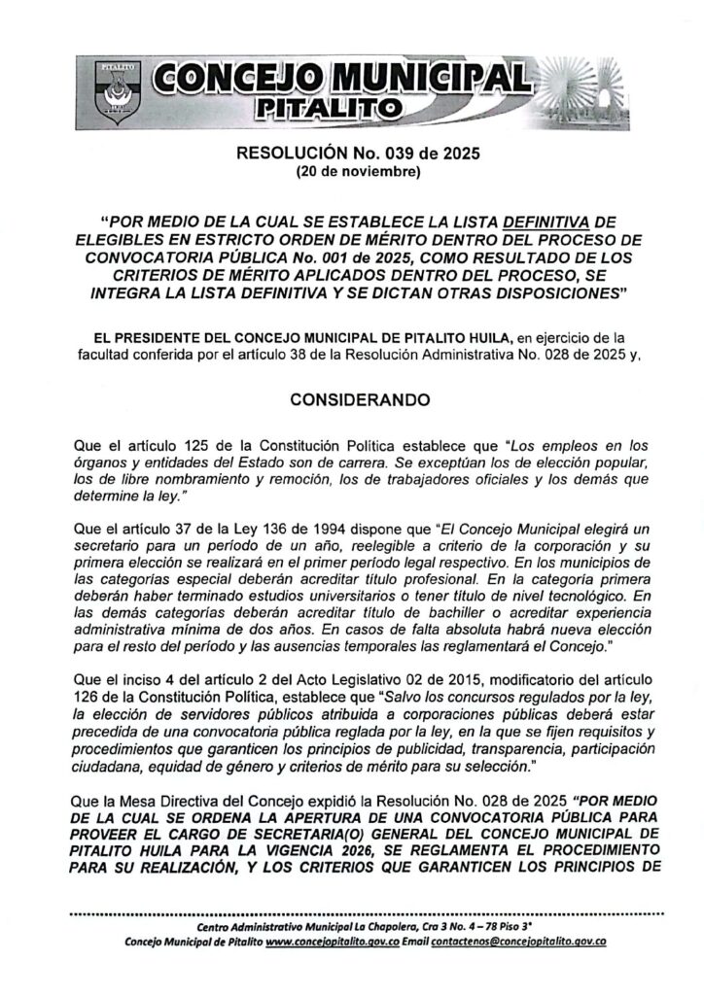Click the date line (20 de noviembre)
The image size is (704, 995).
(x=351, y=174)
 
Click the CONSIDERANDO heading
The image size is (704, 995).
(x=351, y=399)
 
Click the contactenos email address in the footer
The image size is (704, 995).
(x=527, y=942)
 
